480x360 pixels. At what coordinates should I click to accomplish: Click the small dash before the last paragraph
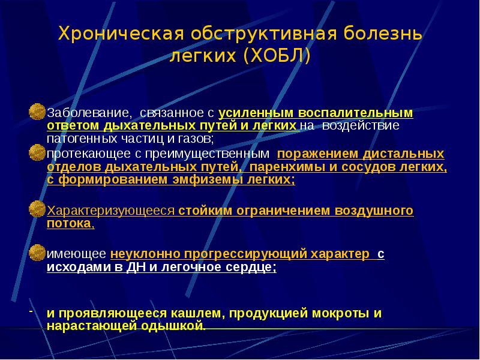coord(31,313)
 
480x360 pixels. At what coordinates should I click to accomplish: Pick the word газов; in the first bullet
coord(195,139)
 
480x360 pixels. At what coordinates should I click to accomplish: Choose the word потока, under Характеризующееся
coord(70,224)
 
